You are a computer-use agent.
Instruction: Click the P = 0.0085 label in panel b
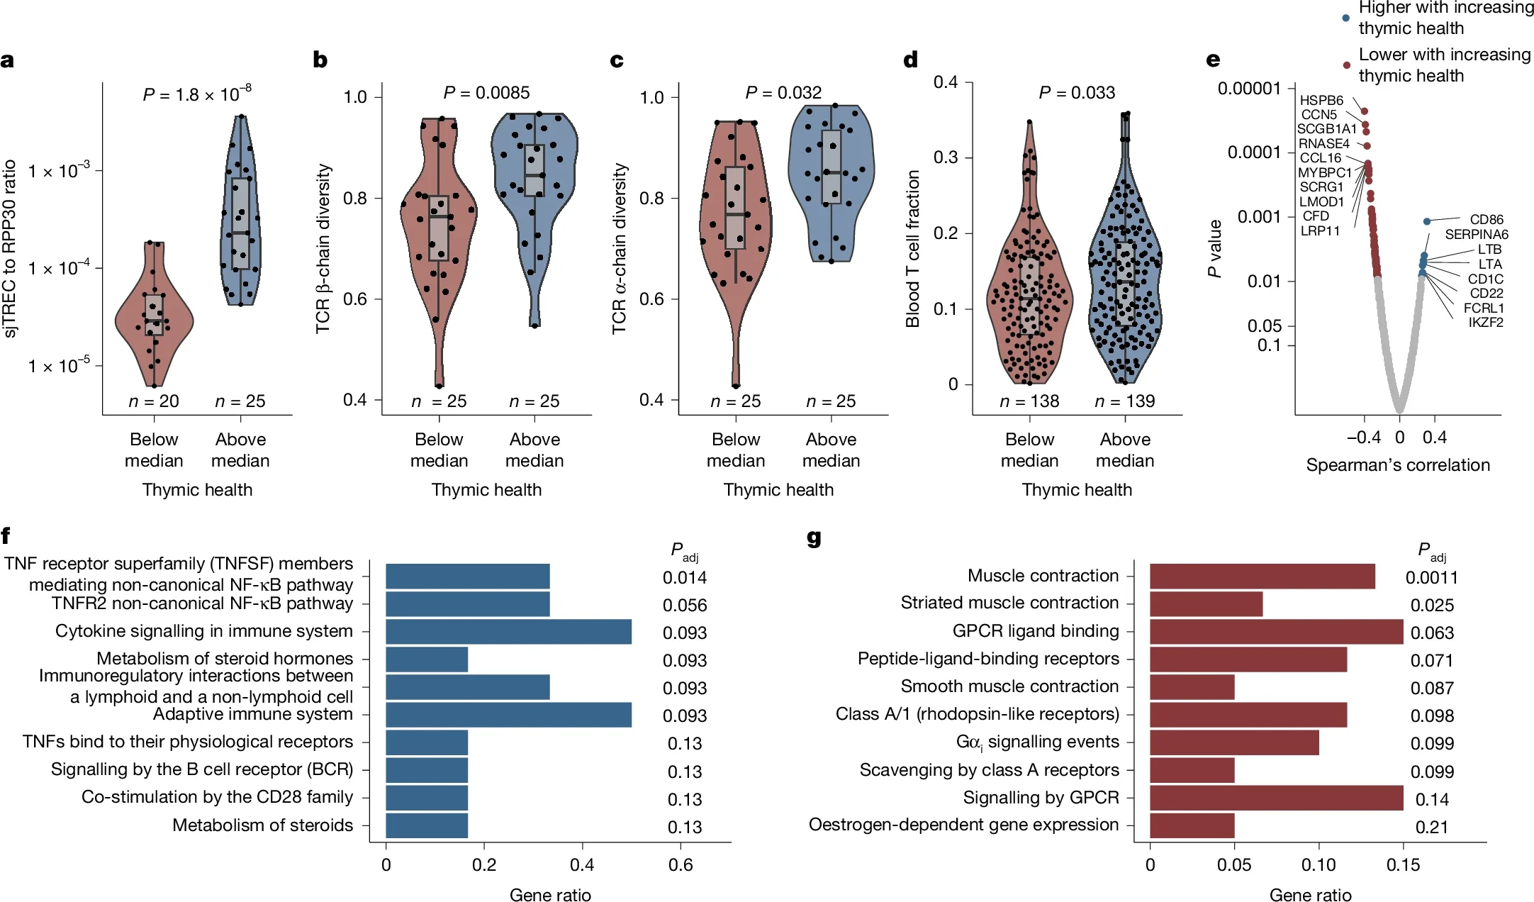[x=486, y=93]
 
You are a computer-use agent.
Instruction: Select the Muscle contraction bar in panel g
[x=1262, y=577]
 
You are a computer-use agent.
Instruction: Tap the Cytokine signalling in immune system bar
[x=508, y=632]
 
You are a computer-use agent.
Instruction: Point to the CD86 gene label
[x=1487, y=219]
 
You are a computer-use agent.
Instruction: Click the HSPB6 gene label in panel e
[x=1321, y=100]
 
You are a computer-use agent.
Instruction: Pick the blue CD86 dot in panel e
[x=1427, y=221]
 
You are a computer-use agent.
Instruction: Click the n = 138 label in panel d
[x=1029, y=401]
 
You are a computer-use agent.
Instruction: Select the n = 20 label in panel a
[x=154, y=401]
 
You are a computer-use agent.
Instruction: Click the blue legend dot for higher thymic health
[x=1345, y=18]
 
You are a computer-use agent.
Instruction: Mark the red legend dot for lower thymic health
[x=1346, y=65]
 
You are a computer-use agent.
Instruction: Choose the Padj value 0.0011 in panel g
[x=1431, y=577]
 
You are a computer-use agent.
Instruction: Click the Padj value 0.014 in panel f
[x=684, y=577]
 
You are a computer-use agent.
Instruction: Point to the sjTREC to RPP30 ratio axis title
[x=10, y=248]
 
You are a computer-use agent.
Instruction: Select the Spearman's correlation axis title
[x=1397, y=465]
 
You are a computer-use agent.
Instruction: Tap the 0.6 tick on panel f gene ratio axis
[x=681, y=864]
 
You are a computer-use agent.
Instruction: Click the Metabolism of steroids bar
[x=427, y=826]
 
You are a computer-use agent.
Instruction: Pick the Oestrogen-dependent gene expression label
[x=963, y=825]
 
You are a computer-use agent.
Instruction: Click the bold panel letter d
[x=911, y=60]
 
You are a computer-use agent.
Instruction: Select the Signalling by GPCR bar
[x=1276, y=798]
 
